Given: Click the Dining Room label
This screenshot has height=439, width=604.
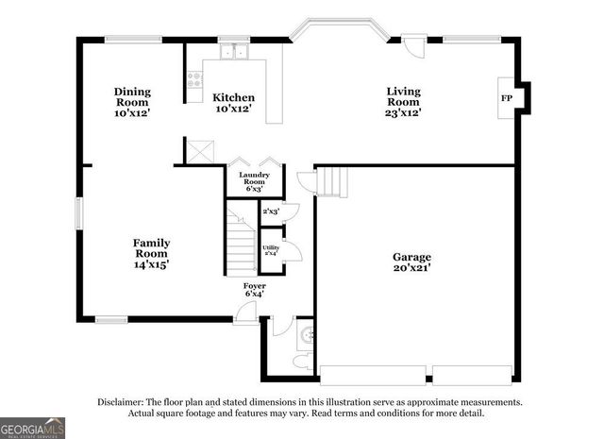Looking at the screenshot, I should point(133,102).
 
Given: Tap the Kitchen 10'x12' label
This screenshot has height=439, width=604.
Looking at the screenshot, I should point(233,103).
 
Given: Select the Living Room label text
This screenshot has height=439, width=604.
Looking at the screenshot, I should point(403,102).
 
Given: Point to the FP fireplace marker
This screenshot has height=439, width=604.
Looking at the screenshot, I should point(506,98).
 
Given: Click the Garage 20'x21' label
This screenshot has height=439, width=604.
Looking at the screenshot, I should point(411,262).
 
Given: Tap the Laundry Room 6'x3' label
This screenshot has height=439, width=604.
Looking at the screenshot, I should point(255,181).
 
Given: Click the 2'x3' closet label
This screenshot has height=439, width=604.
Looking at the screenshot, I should point(271,211).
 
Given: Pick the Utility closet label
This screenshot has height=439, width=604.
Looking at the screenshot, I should point(270,249).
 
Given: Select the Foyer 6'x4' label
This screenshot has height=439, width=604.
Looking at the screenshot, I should point(255,289).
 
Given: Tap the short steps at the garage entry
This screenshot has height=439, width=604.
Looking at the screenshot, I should point(331,179).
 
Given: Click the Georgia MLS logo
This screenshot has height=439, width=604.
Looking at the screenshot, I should point(33,428).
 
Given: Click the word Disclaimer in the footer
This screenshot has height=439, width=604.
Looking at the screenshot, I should point(120,401).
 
